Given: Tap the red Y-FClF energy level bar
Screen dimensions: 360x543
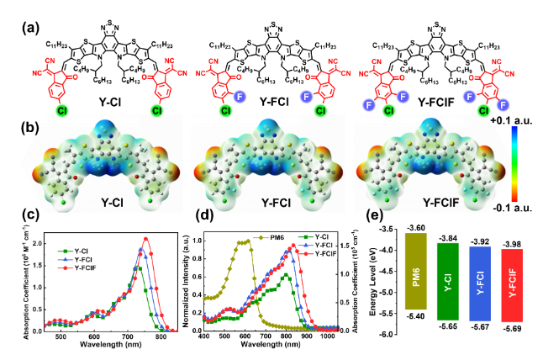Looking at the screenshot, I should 520,284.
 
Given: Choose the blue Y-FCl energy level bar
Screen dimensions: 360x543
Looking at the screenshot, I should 487,283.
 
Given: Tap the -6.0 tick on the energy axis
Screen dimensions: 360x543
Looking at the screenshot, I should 389,334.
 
